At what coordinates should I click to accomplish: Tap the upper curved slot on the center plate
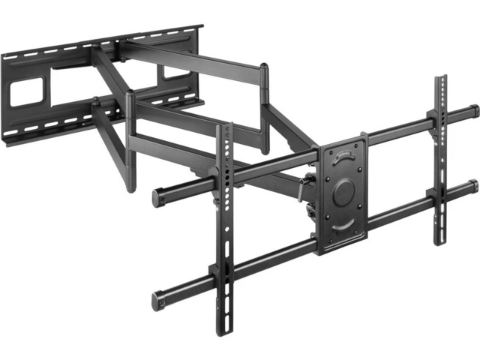pyautogui.click(x=343, y=157)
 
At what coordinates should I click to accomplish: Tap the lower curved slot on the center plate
pyautogui.click(x=344, y=224)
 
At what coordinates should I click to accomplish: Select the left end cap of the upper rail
pyautogui.click(x=157, y=198)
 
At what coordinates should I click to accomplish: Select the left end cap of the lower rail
pyautogui.click(x=158, y=300)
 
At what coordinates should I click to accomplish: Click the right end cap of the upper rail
pyautogui.click(x=473, y=112)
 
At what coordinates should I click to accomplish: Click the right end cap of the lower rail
pyautogui.click(x=474, y=187)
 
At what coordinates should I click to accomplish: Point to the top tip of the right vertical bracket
pyautogui.click(x=442, y=78)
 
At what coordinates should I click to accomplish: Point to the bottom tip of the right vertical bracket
pyautogui.click(x=439, y=241)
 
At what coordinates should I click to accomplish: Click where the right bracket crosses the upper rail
pyautogui.click(x=441, y=121)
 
